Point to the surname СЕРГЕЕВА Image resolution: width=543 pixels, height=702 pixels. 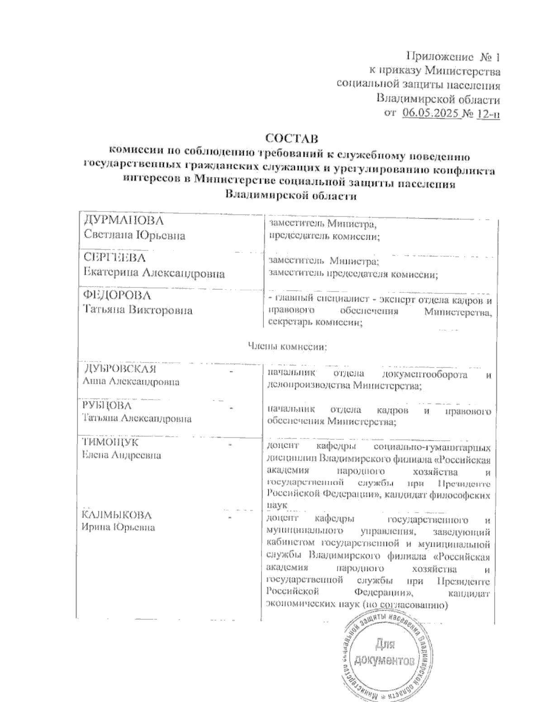pyautogui.click(x=115, y=258)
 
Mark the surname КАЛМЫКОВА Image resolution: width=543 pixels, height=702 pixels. pyautogui.click(x=117, y=515)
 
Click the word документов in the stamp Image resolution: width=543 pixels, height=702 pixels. pyautogui.click(x=385, y=661)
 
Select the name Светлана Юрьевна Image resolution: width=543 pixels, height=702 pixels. pyautogui.click(x=134, y=236)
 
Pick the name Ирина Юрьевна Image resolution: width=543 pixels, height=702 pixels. pyautogui.click(x=118, y=527)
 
